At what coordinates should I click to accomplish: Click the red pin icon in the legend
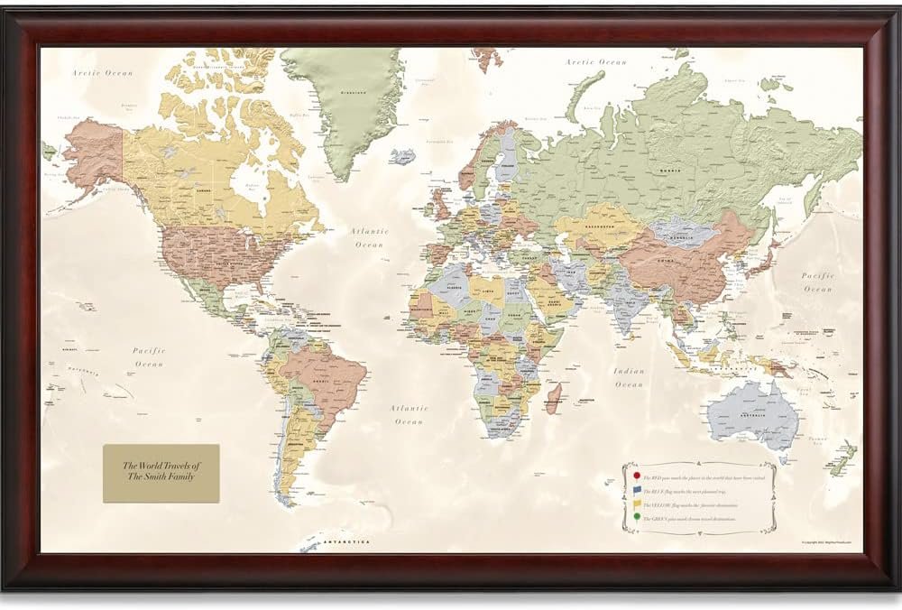click(x=637, y=476)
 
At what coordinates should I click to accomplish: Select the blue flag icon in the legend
click(x=638, y=490)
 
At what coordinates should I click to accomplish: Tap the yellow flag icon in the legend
click(x=638, y=504)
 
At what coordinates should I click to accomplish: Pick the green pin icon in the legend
click(x=637, y=517)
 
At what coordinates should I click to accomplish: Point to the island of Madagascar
click(x=554, y=398)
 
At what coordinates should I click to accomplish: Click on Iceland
click(x=403, y=157)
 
